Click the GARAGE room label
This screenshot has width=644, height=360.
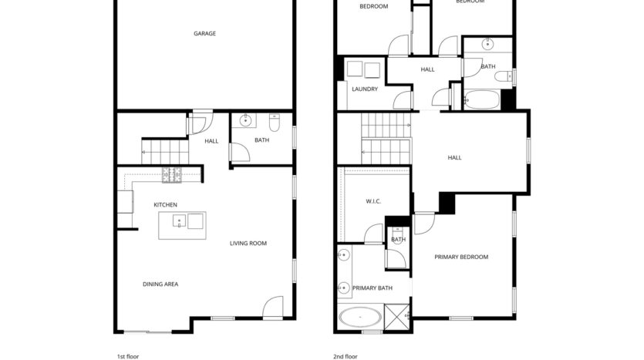pos(204,33)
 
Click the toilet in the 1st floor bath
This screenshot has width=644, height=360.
pos(274,122)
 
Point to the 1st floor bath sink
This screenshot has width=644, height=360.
pos(245,121)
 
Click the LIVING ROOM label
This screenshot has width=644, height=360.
pos(248,244)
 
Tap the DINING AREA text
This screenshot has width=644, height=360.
pos(160,284)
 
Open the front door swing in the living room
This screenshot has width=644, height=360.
pos(272,308)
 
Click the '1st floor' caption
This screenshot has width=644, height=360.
pos(127,356)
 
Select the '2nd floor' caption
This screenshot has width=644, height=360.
pos(346,356)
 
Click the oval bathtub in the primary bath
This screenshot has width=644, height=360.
pos(360,318)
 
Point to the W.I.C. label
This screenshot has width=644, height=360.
pos(373,202)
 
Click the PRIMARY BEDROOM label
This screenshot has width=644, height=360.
pos(461,257)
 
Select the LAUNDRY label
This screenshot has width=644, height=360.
pos(365,89)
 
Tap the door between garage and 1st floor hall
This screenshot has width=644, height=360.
pos(201,122)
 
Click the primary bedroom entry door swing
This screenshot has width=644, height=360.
pos(424,223)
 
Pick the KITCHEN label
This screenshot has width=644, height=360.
pos(165,204)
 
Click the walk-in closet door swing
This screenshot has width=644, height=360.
pos(374,234)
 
